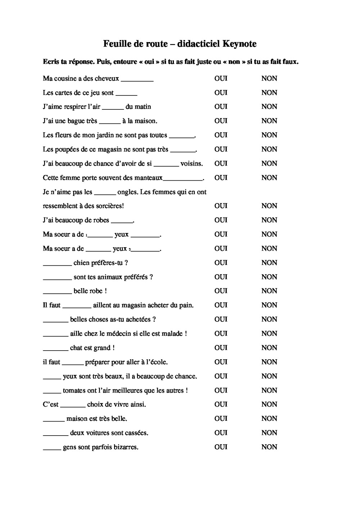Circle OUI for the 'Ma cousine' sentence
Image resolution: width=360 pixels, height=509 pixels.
[x=221, y=78]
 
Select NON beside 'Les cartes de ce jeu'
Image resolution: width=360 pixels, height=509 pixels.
[x=269, y=93]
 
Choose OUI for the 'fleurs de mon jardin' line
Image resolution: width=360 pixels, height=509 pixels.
[x=221, y=135]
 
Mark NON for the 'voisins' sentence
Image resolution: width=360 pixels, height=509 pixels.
[x=269, y=163]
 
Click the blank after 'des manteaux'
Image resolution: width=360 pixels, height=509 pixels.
[x=183, y=179]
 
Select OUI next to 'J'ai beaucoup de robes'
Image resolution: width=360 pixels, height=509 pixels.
[x=221, y=220]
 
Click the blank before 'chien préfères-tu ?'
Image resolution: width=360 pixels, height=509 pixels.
[x=57, y=264]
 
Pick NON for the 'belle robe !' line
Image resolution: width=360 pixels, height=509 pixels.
[x=269, y=291]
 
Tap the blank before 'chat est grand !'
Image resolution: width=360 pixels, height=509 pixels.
[x=55, y=349]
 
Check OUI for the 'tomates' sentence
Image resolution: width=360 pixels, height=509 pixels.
[x=221, y=390]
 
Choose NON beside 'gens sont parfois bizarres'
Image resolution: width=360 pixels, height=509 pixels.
[x=269, y=447]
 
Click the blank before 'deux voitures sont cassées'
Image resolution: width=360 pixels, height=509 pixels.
[x=55, y=434]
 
